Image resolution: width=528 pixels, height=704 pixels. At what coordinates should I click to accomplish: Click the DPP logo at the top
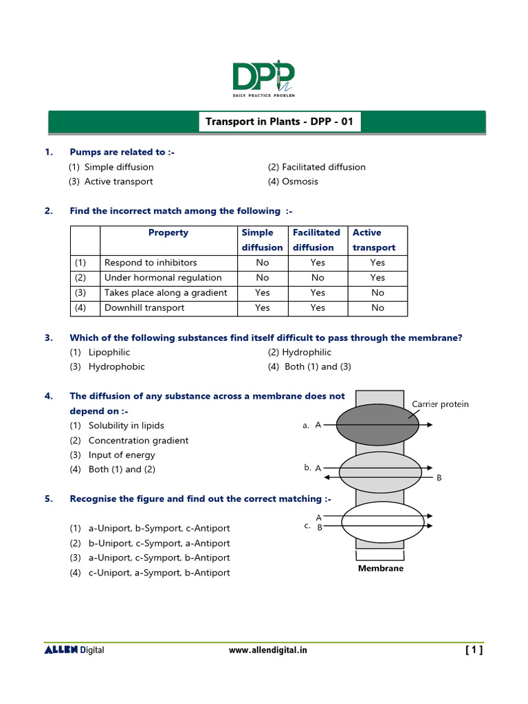click(x=264, y=78)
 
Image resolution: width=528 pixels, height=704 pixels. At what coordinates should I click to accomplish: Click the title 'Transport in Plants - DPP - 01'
click(x=279, y=122)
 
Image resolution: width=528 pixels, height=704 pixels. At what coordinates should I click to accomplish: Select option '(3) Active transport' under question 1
click(x=111, y=181)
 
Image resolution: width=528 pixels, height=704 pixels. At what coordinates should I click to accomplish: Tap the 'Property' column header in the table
click(x=168, y=233)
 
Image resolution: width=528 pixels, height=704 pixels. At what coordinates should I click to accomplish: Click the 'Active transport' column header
click(x=373, y=240)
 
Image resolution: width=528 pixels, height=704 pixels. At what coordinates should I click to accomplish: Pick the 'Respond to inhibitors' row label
click(x=150, y=263)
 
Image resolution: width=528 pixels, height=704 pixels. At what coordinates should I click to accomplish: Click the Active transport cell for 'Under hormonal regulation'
click(x=377, y=278)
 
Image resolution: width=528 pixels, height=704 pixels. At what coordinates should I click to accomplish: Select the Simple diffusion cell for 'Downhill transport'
click(x=262, y=308)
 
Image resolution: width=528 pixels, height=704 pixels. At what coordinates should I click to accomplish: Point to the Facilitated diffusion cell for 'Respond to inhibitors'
click(x=318, y=263)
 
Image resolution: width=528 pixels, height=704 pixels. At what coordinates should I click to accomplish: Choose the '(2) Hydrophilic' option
click(x=299, y=352)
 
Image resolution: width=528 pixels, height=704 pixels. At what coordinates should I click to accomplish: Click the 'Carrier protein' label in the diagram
click(x=440, y=404)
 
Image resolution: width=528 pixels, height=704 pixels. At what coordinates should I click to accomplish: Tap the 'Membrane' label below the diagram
click(x=381, y=569)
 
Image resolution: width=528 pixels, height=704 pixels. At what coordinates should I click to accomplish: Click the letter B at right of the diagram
click(x=439, y=477)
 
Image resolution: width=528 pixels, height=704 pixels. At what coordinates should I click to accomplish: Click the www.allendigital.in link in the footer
click(x=268, y=650)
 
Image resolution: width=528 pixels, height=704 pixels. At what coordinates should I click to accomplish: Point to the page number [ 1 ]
click(x=474, y=650)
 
